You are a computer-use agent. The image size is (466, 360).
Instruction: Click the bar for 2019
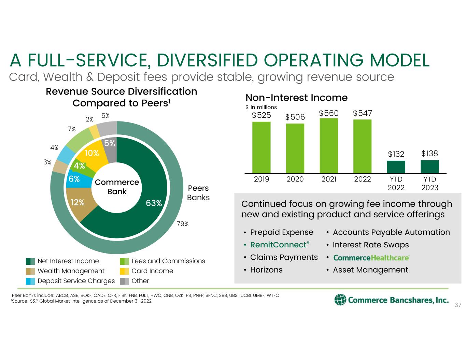click(x=261, y=147)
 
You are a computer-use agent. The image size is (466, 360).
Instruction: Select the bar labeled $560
click(x=328, y=146)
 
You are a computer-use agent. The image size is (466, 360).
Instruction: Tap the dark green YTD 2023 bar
click(x=429, y=167)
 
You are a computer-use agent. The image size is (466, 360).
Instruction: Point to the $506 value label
click(x=295, y=117)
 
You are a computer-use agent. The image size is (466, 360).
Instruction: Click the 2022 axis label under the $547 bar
click(x=362, y=179)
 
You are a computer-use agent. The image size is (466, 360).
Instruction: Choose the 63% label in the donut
click(x=154, y=203)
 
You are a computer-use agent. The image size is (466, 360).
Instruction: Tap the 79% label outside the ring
click(x=183, y=224)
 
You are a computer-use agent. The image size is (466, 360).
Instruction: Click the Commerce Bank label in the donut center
click(x=117, y=187)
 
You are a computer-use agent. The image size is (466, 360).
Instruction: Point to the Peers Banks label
click(x=198, y=193)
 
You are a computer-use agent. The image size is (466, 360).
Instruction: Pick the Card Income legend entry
click(x=152, y=271)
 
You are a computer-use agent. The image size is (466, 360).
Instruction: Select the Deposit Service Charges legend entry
click(x=76, y=281)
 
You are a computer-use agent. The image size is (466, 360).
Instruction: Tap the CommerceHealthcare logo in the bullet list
click(x=371, y=258)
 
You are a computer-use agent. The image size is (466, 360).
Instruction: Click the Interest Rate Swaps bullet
click(x=370, y=245)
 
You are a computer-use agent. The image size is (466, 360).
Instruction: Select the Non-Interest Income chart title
click(x=296, y=98)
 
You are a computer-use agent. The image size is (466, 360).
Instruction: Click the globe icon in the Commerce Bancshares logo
click(x=340, y=300)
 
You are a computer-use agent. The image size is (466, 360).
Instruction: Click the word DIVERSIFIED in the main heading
click(x=207, y=61)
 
